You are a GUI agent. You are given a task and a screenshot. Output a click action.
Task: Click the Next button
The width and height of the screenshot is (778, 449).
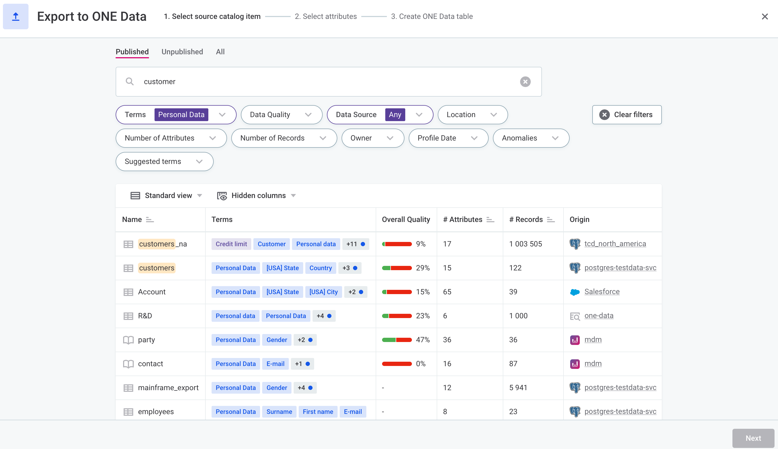pos(753,438)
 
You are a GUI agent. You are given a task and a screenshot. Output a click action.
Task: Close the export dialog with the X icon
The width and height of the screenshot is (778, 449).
pos(764,17)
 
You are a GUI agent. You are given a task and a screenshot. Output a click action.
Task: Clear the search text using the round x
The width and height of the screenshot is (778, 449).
pos(525,82)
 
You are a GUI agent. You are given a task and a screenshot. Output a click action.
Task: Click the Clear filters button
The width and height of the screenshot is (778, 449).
pos(626,115)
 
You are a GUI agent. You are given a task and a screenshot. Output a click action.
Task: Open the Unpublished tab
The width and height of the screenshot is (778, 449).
pos(182,52)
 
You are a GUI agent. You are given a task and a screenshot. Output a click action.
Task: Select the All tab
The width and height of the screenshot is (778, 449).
pos(220,52)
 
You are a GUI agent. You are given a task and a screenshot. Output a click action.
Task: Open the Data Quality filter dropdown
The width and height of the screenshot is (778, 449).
pos(281,115)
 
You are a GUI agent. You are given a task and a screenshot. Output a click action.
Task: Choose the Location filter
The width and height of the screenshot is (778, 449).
pos(472,115)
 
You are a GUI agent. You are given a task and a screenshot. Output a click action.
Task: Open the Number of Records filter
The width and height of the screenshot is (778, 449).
pos(283,138)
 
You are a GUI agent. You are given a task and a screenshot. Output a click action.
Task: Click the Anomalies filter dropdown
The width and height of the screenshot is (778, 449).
pos(530,138)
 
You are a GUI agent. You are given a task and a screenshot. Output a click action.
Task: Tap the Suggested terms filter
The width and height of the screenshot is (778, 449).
pos(164,162)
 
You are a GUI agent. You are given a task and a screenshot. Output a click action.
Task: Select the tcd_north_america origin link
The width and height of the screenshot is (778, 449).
pos(615,244)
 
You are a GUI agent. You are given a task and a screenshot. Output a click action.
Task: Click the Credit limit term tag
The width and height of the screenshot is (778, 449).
pos(231,244)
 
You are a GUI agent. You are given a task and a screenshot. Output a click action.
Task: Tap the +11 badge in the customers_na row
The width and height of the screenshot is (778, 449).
pos(355,244)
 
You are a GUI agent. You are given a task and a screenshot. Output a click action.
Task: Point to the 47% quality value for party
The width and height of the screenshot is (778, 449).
pos(423,340)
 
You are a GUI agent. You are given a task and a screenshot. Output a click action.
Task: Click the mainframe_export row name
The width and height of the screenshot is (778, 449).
pos(168,388)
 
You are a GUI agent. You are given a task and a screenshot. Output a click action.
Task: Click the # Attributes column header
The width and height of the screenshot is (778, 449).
pos(462,220)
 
